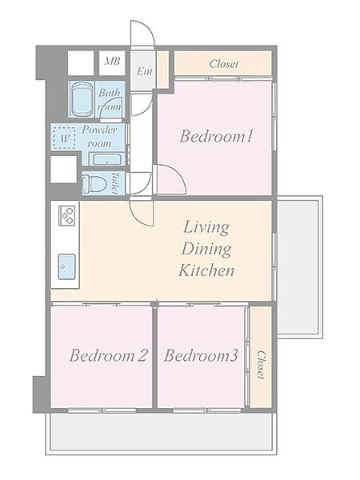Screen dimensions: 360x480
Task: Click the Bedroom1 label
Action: [x=217, y=136]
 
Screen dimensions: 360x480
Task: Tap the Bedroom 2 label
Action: [x=109, y=355]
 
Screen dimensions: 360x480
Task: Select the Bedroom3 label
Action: [x=201, y=355]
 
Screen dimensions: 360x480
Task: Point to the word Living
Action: [x=206, y=228]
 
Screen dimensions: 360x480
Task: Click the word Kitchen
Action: [x=206, y=270]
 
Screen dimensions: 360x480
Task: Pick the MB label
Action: [x=112, y=62]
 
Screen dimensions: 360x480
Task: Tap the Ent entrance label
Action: [x=144, y=71]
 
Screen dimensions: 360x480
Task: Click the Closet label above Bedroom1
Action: [x=223, y=64]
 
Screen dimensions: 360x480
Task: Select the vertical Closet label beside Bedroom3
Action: [x=261, y=365]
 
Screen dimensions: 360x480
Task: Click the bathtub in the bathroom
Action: [x=82, y=99]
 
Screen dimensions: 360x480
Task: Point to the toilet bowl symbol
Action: [x=94, y=184]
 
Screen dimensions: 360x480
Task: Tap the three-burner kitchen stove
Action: [x=67, y=215]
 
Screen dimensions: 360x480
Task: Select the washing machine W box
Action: [x=64, y=138]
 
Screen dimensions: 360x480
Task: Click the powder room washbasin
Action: [x=107, y=160]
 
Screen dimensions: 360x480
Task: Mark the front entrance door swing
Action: [x=142, y=34]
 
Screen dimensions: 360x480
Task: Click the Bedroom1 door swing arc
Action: [x=171, y=179]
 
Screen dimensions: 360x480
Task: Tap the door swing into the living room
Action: [x=141, y=214]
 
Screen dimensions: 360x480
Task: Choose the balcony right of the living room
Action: [x=299, y=267]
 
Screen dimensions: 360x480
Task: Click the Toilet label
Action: [x=114, y=183]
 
